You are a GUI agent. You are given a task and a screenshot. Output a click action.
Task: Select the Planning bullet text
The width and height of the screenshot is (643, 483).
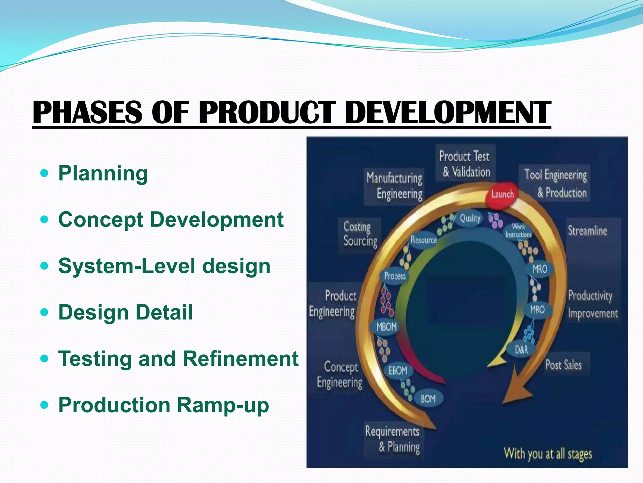click(103, 173)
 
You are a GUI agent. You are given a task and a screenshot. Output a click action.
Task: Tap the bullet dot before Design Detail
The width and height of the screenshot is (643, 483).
click(45, 312)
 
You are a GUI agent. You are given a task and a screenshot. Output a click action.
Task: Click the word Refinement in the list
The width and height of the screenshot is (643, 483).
click(240, 358)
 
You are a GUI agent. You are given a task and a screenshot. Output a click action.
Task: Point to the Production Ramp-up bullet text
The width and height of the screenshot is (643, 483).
click(164, 405)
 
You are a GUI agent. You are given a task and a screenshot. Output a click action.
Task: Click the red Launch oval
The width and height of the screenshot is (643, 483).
click(502, 194)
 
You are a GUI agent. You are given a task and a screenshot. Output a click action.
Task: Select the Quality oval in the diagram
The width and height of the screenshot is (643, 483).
click(470, 218)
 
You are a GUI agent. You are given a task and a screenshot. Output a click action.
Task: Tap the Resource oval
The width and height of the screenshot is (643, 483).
click(424, 240)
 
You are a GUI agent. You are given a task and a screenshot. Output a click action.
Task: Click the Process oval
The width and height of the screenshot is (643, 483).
click(395, 276)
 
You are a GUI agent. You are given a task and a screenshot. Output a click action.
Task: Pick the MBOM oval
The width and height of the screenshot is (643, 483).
click(386, 327)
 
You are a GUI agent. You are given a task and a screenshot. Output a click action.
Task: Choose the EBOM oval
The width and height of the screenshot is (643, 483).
click(398, 371)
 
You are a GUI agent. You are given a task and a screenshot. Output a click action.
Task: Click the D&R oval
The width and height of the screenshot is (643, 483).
click(521, 349)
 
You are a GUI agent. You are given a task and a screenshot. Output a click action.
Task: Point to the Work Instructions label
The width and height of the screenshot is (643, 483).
click(518, 230)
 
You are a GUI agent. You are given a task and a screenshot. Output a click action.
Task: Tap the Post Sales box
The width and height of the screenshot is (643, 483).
click(563, 365)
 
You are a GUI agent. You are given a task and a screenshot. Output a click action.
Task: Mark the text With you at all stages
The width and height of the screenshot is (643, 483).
click(548, 454)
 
